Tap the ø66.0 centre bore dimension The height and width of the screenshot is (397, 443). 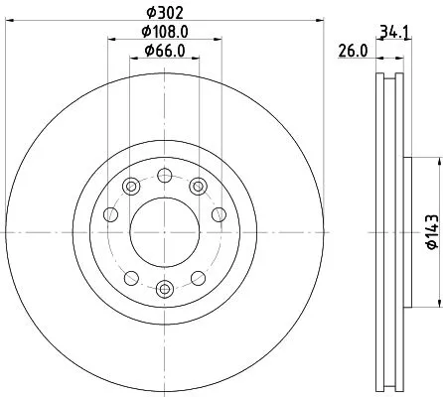click(x=165, y=51)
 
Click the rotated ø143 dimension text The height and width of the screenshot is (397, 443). click(x=431, y=231)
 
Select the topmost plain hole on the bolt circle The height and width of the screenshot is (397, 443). click(x=165, y=175)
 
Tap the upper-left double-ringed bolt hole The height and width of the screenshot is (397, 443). click(x=131, y=186)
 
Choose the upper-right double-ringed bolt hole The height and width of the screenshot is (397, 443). click(x=199, y=186)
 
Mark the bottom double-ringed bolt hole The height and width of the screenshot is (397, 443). click(x=165, y=289)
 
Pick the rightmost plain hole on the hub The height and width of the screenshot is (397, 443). click(x=220, y=213)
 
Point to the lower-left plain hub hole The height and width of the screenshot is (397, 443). click(x=131, y=277)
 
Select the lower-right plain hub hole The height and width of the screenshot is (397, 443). click(x=199, y=277)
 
